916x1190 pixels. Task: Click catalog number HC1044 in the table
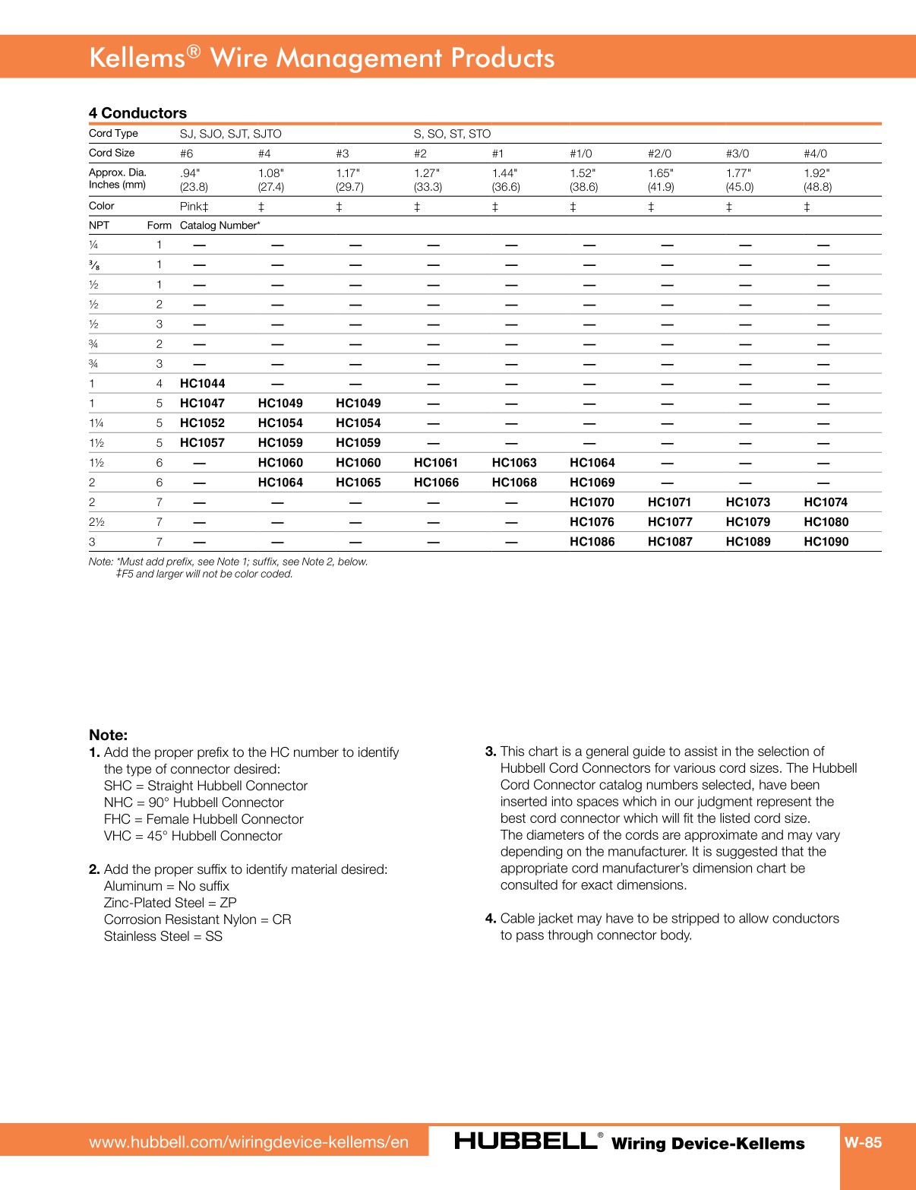pos(202,384)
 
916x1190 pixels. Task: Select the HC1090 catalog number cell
pos(826,542)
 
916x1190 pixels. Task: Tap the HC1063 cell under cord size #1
pos(513,463)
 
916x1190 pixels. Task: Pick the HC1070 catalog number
pos(592,502)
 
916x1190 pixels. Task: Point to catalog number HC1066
pos(436,483)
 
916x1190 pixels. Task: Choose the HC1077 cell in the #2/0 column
pos(670,522)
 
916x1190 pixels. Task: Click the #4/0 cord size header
pos(815,153)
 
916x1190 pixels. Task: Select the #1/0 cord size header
pos(581,153)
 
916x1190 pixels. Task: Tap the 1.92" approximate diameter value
pos(817,173)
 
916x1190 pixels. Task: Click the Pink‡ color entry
pos(194,207)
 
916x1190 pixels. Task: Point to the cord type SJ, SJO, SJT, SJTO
pos(230,134)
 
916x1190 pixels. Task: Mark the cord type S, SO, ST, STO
pos(452,134)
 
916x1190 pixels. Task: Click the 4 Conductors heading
pos(137,113)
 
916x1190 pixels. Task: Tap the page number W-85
pos(863,1142)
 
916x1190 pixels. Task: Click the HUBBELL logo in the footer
pos(526,1141)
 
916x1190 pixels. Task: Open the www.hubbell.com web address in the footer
pos(248,1142)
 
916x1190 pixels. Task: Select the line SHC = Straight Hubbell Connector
pos(205,786)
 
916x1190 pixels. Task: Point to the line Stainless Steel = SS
pos(163,936)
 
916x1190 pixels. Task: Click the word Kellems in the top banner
pos(137,59)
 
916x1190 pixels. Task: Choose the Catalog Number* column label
pos(220,226)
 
